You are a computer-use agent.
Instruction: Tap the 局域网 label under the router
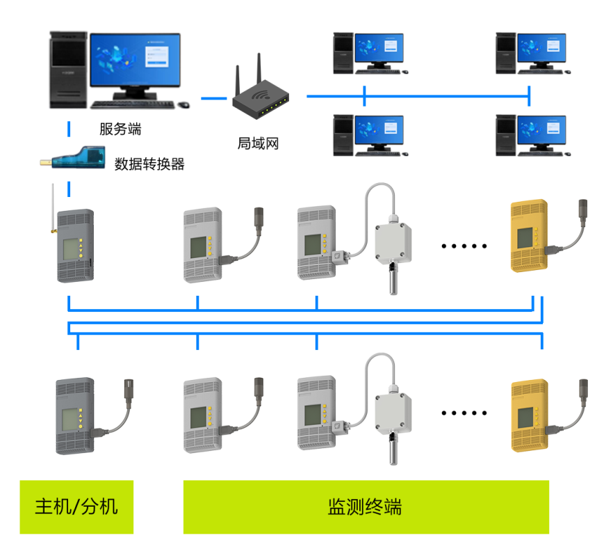pyautogui.click(x=258, y=144)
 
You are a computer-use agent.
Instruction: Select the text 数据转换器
pyautogui.click(x=149, y=164)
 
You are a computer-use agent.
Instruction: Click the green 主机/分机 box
pyautogui.click(x=76, y=507)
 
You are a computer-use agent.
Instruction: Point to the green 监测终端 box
pyautogui.click(x=366, y=507)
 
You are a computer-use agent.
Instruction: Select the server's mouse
pyautogui.click(x=183, y=105)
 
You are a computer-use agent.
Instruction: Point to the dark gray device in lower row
pyautogui.click(x=74, y=415)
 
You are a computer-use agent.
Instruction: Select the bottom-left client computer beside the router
pyautogui.click(x=368, y=135)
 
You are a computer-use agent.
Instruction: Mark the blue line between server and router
pyautogui.click(x=214, y=98)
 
